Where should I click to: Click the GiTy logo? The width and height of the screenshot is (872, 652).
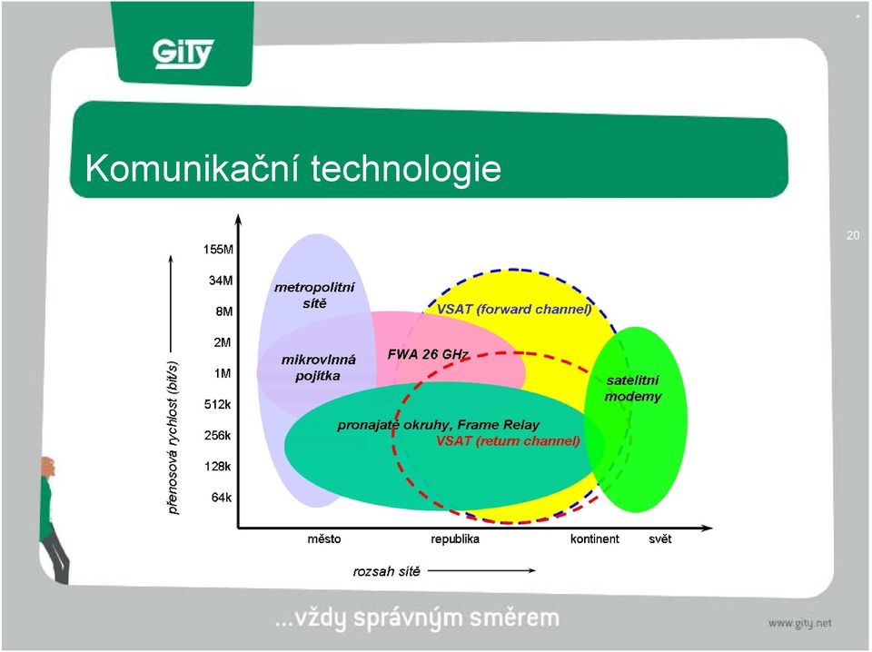(183, 54)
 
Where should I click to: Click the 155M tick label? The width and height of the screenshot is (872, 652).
(219, 249)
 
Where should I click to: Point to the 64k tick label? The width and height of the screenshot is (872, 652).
(222, 498)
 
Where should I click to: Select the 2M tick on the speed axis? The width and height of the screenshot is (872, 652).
(223, 342)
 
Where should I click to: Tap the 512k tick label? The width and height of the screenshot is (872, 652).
(218, 404)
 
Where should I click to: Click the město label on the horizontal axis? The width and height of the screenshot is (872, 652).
(324, 538)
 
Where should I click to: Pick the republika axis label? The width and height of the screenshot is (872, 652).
(455, 538)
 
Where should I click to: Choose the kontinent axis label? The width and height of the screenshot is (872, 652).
(594, 538)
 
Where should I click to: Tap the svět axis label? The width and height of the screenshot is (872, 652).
(660, 538)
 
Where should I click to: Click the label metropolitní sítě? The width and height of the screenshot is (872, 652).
(314, 295)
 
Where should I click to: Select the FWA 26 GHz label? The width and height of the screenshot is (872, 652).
(428, 354)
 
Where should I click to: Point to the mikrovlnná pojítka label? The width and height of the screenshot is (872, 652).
(318, 368)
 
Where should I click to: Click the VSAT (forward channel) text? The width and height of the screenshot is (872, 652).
(514, 309)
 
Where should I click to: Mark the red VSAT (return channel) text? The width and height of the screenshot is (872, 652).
(508, 440)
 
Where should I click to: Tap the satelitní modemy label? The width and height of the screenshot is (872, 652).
(633, 389)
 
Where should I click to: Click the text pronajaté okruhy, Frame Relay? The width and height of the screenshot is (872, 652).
(438, 425)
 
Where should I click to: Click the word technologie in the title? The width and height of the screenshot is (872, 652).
(406, 168)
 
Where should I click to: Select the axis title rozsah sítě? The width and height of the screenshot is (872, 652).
(387, 571)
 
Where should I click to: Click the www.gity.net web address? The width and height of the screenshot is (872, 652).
(800, 623)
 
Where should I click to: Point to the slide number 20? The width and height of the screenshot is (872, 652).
(853, 235)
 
